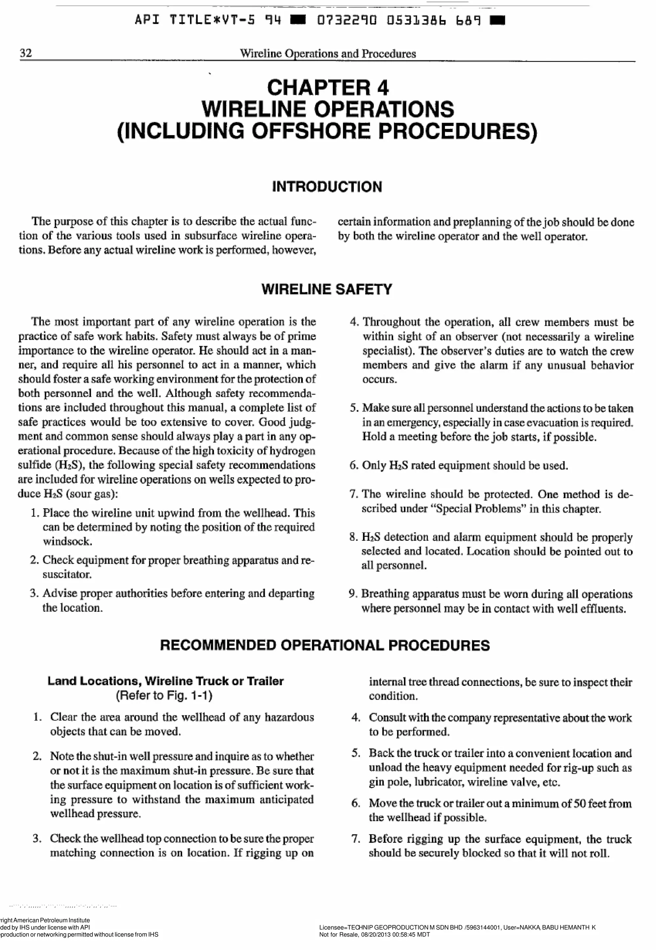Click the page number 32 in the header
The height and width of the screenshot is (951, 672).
26,53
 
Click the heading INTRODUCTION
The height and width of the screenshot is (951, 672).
327,187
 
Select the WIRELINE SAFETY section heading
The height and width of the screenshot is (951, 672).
327,289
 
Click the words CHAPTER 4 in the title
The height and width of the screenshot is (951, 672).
328,87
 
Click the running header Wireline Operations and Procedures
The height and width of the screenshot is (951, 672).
328,53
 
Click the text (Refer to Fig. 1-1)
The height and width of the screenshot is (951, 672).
164,695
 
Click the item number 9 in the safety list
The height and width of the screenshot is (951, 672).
352,594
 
